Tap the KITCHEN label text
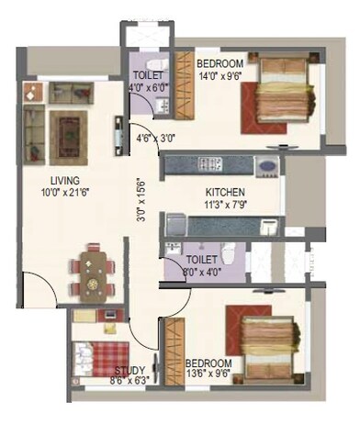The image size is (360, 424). (223, 192)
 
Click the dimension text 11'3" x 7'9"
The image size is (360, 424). (223, 205)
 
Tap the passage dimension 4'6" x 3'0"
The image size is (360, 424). (154, 139)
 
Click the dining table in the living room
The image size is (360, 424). (92, 269)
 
